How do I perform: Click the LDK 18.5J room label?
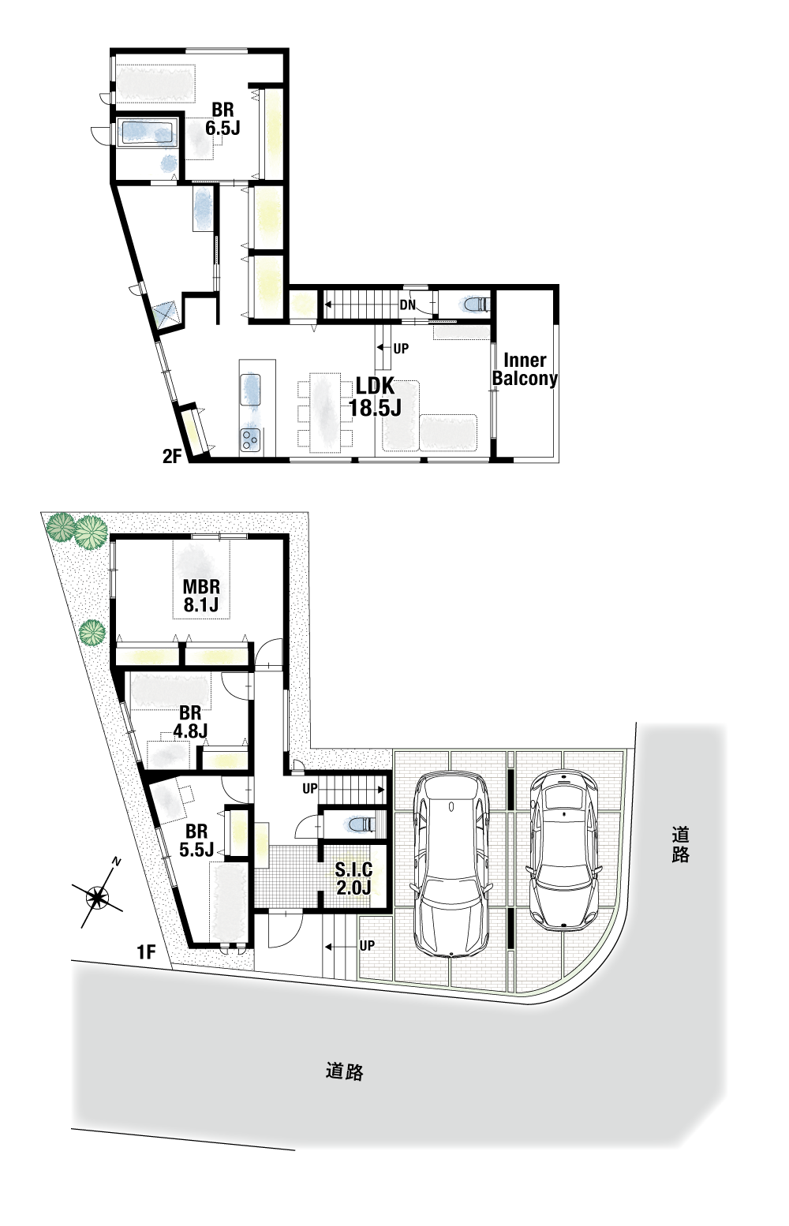coord(376,398)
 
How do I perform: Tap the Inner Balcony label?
coord(525,369)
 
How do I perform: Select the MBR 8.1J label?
coord(201,596)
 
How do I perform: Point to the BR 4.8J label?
coord(190,722)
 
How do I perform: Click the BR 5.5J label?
coord(196,840)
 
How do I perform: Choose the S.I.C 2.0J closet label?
coord(353,878)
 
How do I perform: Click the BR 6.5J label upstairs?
coord(222,119)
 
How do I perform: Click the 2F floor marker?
coord(171,456)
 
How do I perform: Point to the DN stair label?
coord(408,305)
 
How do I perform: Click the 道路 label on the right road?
coord(680,845)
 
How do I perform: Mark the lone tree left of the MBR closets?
coord(92,634)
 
